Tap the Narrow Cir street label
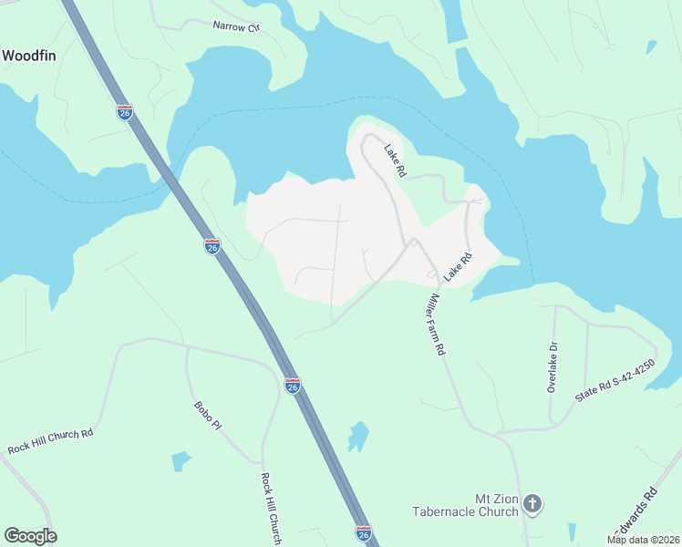(235, 26)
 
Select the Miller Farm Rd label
(434, 324)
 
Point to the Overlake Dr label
(552, 367)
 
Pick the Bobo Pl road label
(207, 415)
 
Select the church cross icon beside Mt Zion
(533, 503)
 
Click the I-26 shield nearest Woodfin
(125, 111)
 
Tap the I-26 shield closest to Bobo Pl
(292, 386)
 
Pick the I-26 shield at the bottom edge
(363, 532)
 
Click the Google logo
(30, 536)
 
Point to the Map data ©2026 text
(644, 540)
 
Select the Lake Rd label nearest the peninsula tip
(394, 161)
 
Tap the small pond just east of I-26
(358, 437)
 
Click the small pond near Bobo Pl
(181, 460)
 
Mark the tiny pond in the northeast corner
(650, 46)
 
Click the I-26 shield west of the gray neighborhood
(212, 246)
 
